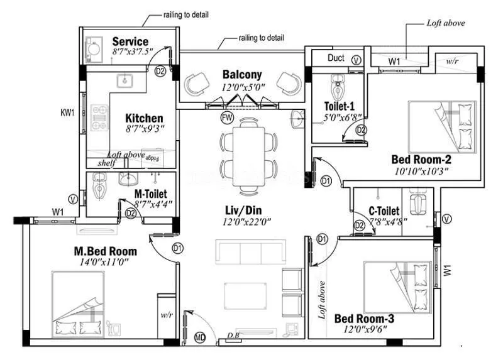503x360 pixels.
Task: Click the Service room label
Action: tap(130, 41)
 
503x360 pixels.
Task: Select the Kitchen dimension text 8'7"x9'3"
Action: tap(144, 131)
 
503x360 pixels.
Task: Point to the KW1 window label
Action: tap(67, 112)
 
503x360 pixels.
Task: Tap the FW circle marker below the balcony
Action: tap(226, 117)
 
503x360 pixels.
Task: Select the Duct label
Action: tap(336, 58)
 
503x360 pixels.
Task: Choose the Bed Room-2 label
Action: tap(421, 159)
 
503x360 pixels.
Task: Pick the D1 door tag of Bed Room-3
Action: tap(323, 239)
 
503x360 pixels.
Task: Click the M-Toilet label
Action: tap(150, 194)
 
